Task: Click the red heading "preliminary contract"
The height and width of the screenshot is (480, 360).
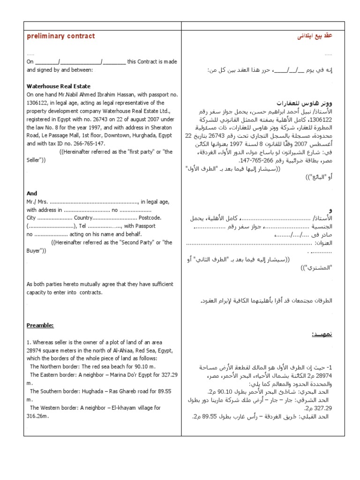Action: click(x=60, y=36)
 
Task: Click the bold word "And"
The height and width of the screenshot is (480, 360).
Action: click(x=32, y=193)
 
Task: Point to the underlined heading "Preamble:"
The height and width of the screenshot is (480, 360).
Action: click(x=40, y=325)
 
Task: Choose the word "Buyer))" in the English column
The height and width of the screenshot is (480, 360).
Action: click(x=36, y=250)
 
